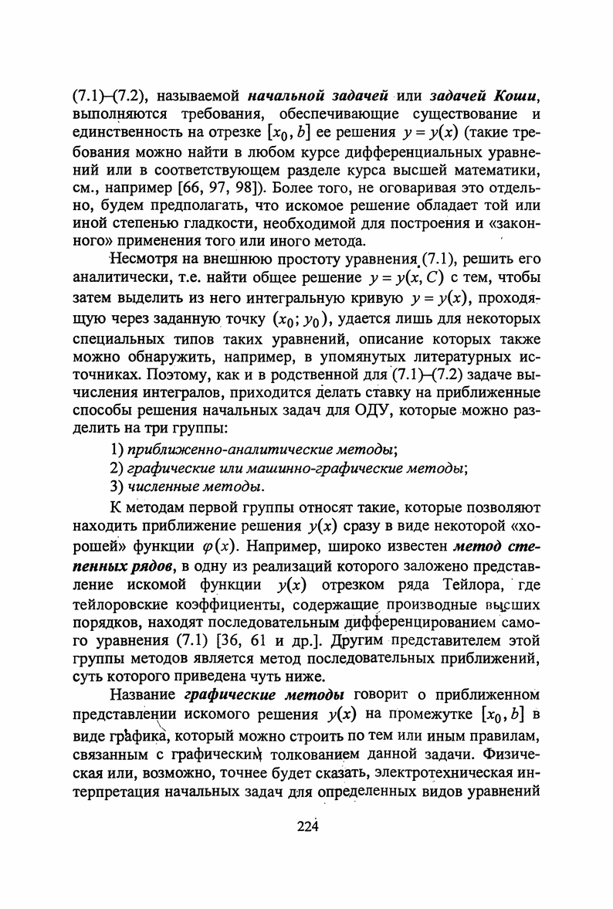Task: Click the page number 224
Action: point(307,826)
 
